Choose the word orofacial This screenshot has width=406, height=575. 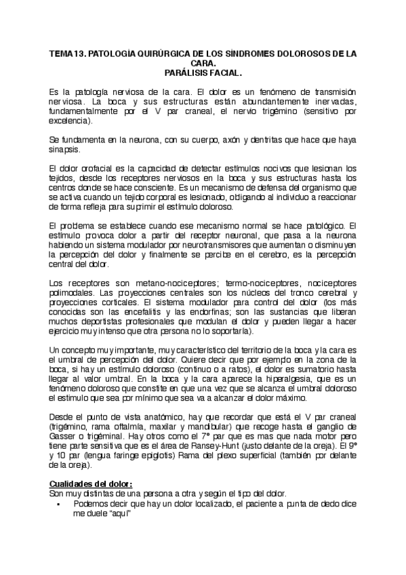coord(91,168)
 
